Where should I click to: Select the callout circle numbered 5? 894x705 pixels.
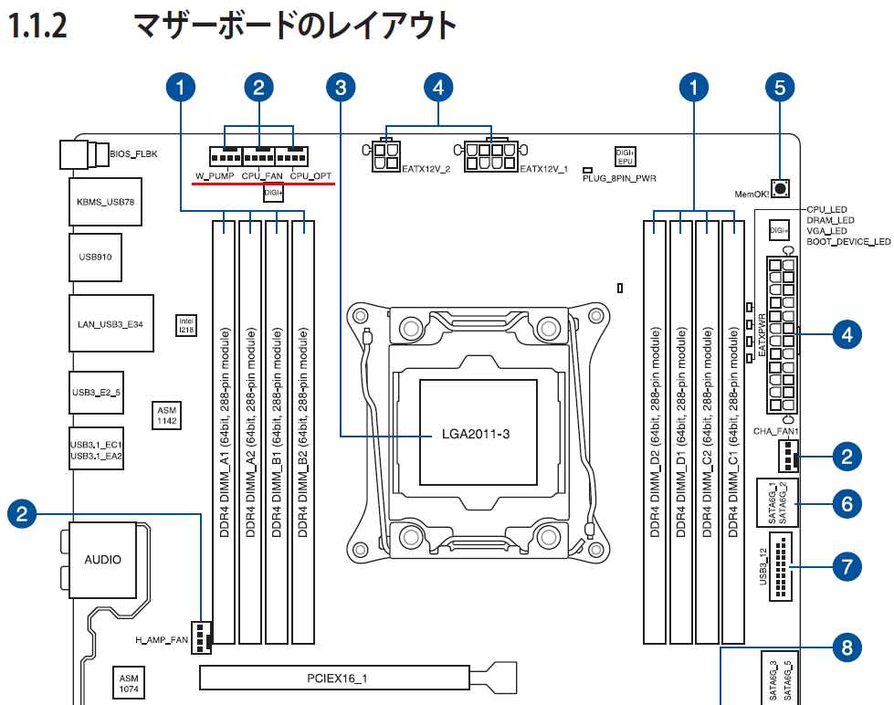(779, 88)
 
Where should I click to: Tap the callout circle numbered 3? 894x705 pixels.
(341, 88)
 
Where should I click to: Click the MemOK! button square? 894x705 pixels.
(781, 190)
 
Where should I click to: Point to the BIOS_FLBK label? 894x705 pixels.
(133, 154)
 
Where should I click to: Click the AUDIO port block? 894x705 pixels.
(102, 559)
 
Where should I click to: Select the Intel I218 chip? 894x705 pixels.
(185, 324)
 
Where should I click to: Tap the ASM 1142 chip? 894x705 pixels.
(166, 416)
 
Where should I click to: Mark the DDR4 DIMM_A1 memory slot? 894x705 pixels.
(226, 429)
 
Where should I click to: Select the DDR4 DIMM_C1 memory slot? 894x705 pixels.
(734, 429)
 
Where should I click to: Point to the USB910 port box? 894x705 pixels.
(94, 257)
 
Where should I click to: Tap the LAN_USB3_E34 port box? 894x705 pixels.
(110, 324)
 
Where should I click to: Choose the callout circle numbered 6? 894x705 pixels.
(847, 502)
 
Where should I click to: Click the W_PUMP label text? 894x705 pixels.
(215, 175)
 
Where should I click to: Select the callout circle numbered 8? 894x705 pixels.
(847, 649)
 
